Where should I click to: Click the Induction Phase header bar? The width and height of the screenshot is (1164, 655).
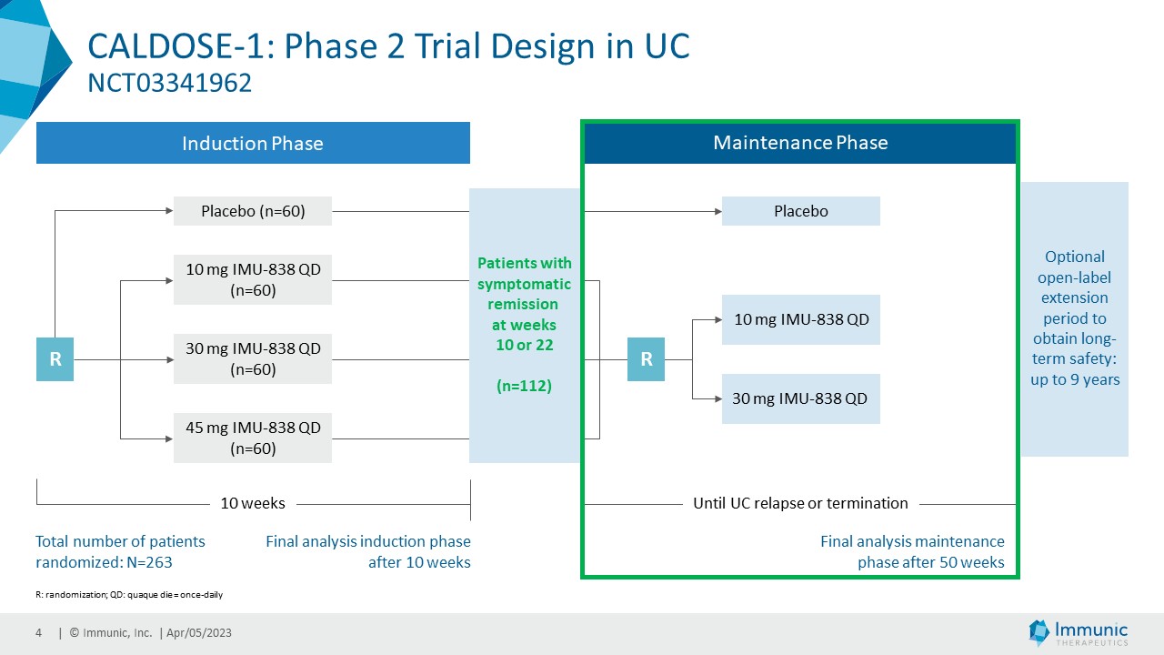(253, 143)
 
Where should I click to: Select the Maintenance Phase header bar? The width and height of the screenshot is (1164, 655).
(799, 143)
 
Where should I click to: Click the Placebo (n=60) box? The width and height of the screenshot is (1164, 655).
(253, 211)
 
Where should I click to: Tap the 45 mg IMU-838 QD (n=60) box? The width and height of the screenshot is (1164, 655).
(253, 438)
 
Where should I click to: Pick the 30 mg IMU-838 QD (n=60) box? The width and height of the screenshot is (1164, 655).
(253, 358)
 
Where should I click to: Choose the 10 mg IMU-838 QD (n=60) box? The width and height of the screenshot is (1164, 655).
(253, 279)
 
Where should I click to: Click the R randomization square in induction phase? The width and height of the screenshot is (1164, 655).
(55, 358)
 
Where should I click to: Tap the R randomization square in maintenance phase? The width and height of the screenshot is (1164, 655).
(646, 358)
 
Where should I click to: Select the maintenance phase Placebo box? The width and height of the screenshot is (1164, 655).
(800, 211)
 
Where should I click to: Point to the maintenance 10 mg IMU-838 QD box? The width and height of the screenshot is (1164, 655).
(800, 319)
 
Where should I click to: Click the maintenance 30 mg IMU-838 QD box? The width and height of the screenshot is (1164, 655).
(800, 398)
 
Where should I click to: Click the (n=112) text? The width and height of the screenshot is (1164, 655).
(524, 386)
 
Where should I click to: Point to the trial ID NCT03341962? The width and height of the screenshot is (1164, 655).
(169, 84)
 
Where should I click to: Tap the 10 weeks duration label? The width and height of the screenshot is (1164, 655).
(253, 503)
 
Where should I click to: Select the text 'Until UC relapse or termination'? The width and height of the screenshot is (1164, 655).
(800, 503)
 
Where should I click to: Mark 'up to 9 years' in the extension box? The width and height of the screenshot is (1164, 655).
(1075, 379)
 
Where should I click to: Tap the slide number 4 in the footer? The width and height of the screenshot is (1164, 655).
(39, 633)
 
